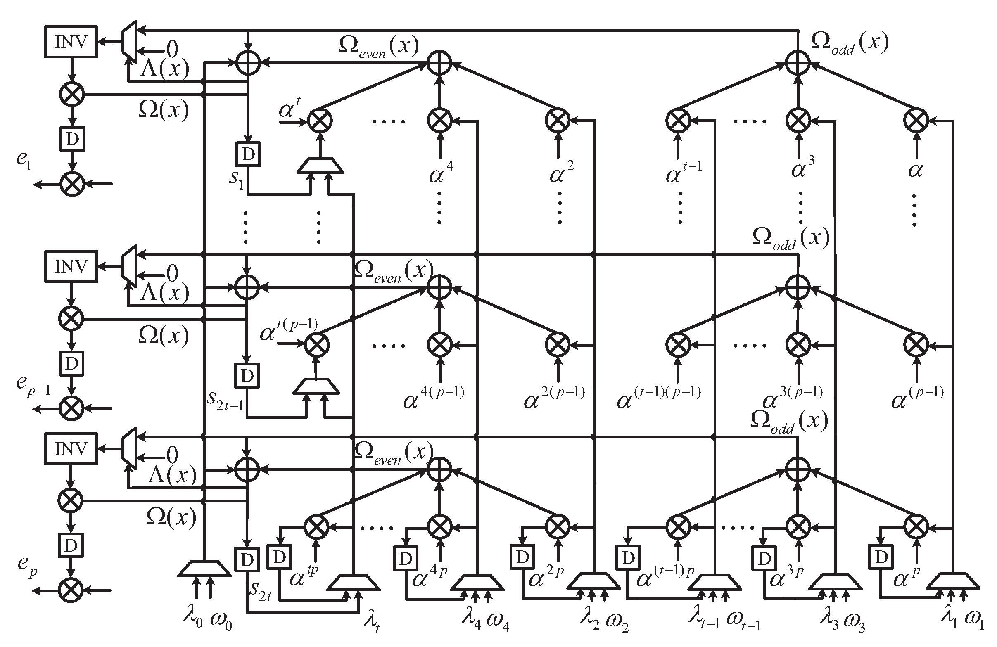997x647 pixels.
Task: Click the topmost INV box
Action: pyautogui.click(x=71, y=42)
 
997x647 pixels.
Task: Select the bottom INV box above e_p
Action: pyautogui.click(x=71, y=449)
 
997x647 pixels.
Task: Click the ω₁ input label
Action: pyautogui.click(x=973, y=621)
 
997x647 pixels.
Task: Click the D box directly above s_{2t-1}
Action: pyautogui.click(x=247, y=375)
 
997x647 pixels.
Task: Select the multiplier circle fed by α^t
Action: pyautogui.click(x=320, y=121)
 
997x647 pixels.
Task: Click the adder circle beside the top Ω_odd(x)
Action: pyautogui.click(x=797, y=63)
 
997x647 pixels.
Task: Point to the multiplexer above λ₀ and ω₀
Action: pyautogui.click(x=204, y=569)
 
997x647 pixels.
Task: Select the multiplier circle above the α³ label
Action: pyautogui.click(x=798, y=120)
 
